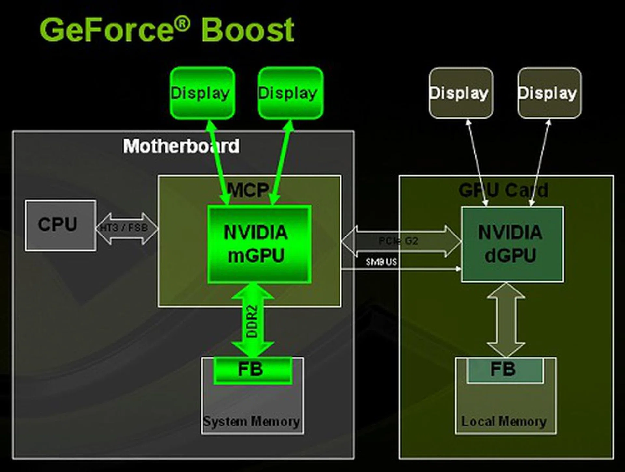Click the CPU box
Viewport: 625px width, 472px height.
61,225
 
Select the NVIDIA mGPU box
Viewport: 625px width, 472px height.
259,244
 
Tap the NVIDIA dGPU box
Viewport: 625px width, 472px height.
512,244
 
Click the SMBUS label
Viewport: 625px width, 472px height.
381,262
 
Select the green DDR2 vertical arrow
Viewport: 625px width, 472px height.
253,320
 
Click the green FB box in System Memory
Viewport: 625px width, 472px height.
253,370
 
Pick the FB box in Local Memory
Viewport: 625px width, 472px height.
505,370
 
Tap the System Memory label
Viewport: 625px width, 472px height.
251,422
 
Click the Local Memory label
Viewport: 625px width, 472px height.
504,422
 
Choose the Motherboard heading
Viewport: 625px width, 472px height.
181,146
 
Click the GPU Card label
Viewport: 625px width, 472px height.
503,190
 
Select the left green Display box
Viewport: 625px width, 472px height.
202,93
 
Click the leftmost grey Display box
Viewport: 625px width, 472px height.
461,93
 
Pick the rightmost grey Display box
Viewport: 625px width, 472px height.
549,93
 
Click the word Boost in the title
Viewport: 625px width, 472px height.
248,30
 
